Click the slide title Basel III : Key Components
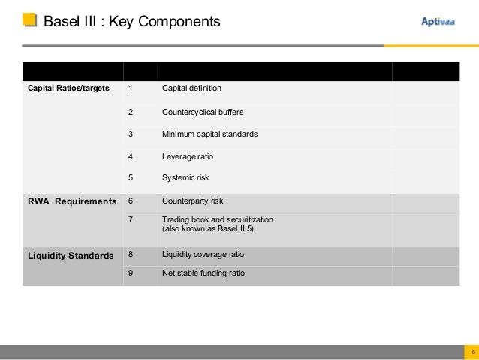point(132,21)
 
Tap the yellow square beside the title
point(29,20)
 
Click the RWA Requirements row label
point(72,201)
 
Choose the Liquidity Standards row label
point(71,255)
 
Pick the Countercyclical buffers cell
point(202,112)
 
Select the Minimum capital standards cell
point(209,134)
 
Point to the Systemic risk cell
point(185,178)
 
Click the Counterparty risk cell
point(192,201)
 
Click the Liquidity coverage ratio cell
point(203,255)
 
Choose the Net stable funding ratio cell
point(203,273)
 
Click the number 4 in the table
point(131,156)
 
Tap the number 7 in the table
point(131,219)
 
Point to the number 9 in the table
point(131,273)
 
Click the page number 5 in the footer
point(471,352)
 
